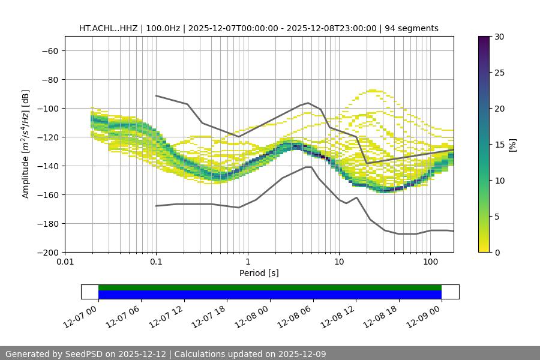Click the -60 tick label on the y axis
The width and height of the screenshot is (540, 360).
(50, 51)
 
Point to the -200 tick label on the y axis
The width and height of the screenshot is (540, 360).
(47, 253)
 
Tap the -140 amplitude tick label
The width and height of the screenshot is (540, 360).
(47, 166)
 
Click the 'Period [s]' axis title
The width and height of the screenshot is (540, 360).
(259, 273)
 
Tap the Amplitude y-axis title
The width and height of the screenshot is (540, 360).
(26, 144)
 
